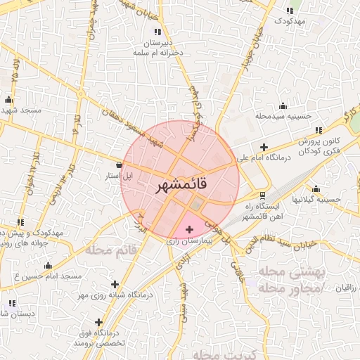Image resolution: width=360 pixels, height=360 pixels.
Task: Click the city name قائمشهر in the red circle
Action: click(180, 186)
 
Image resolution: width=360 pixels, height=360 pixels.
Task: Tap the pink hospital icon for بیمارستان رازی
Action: click(188, 229)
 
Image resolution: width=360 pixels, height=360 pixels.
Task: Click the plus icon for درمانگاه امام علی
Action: click(264, 148)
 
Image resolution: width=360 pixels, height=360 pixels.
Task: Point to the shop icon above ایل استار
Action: click(118, 165)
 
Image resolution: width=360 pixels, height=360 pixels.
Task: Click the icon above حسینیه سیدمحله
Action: click(283, 105)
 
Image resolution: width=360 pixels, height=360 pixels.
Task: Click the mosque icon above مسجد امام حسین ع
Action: click(48, 266)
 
